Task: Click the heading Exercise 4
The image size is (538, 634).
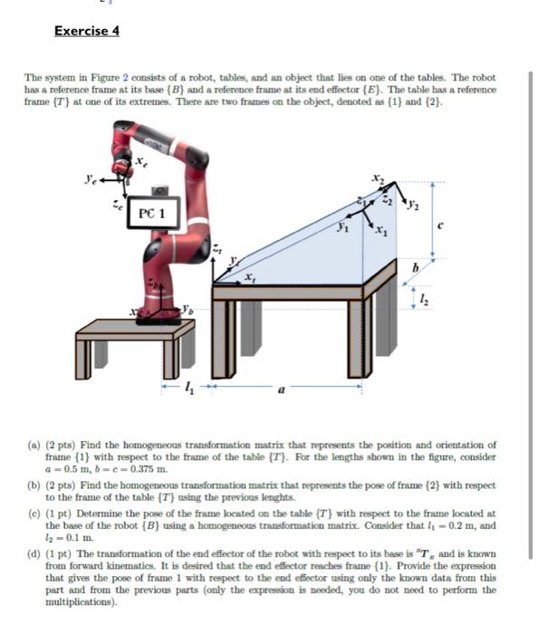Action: pos(86,31)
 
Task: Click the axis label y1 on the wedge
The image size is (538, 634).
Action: pos(342,229)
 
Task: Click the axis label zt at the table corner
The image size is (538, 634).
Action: pos(215,246)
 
